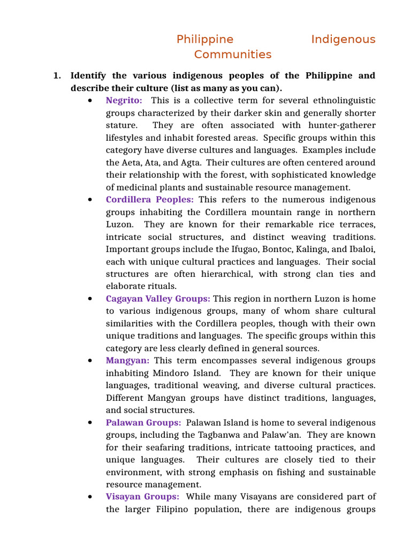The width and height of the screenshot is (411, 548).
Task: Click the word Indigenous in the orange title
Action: (343, 40)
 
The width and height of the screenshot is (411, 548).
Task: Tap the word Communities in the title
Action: (233, 55)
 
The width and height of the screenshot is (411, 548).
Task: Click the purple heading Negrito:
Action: (124, 101)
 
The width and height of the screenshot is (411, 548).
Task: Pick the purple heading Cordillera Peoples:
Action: (150, 200)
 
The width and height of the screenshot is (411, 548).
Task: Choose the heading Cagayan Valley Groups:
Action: (158, 299)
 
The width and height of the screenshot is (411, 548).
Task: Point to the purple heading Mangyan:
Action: (127, 361)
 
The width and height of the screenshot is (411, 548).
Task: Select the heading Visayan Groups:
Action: (142, 497)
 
